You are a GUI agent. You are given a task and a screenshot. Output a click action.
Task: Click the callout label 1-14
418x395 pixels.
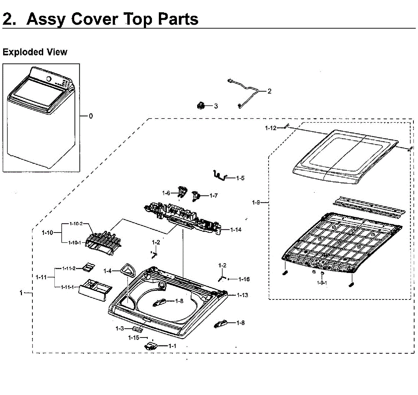[x=236, y=230]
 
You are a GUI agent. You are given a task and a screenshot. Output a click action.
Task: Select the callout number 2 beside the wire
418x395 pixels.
[x=269, y=91]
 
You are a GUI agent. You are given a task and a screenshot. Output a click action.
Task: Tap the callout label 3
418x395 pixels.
[x=216, y=106]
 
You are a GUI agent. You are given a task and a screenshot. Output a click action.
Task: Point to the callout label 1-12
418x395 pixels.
[x=271, y=128]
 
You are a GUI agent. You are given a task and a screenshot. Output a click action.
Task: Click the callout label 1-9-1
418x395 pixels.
[x=322, y=283]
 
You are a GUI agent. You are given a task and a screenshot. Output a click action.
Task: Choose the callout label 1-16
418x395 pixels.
[x=244, y=279]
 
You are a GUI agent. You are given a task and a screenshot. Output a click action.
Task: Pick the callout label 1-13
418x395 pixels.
[x=242, y=295]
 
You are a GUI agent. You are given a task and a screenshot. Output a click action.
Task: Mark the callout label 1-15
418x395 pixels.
[x=133, y=337]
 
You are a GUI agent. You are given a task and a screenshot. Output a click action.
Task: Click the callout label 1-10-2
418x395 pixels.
[x=76, y=224]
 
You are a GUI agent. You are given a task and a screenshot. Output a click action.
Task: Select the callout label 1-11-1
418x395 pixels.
[x=68, y=287]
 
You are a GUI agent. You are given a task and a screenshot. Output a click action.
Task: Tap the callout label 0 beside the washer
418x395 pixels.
[x=91, y=116]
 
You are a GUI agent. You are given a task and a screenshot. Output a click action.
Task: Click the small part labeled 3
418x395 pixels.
[x=201, y=105]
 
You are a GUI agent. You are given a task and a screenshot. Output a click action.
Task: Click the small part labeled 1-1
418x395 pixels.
[x=150, y=346]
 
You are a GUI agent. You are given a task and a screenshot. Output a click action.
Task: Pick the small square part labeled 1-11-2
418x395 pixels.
[x=87, y=268]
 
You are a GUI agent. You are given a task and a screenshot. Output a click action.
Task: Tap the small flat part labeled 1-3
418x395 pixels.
[x=138, y=329]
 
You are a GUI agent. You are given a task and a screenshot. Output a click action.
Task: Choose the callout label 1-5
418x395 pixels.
[x=240, y=178]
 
